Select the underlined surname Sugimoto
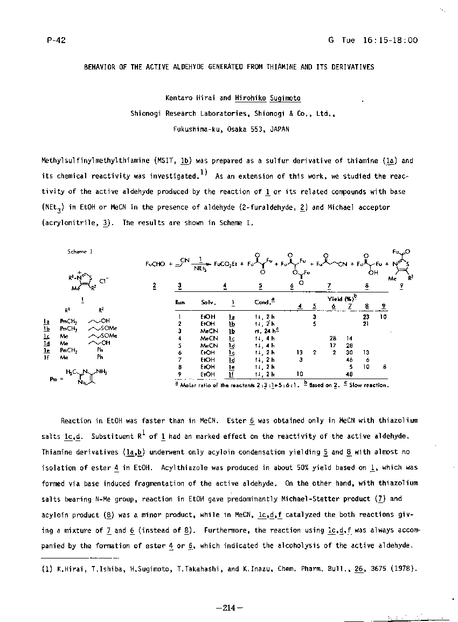[x=286, y=98]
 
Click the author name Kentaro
[x=182, y=98]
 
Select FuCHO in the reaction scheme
[x=155, y=264]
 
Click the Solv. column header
[x=208, y=302]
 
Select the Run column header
[x=180, y=302]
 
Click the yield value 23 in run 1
[x=366, y=317]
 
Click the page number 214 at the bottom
[x=229, y=608]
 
